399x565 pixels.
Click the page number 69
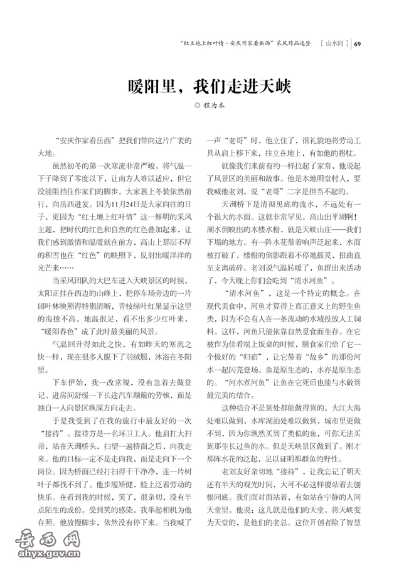tap(358, 44)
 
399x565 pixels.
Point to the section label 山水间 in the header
tap(335, 44)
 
